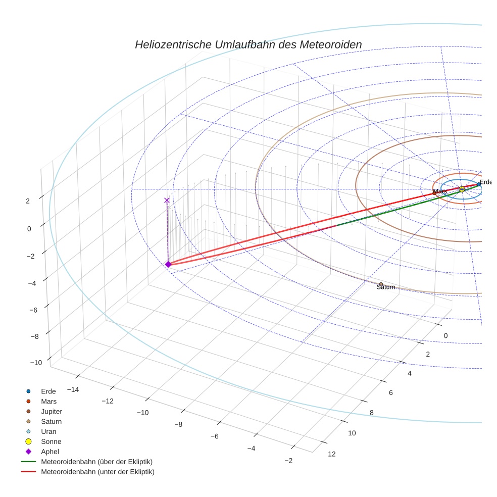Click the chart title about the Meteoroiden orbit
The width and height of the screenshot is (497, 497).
tap(248, 44)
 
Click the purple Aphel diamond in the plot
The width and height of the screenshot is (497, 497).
tap(168, 264)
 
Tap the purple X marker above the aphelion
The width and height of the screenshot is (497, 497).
tap(167, 201)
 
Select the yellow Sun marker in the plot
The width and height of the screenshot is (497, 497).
tap(462, 189)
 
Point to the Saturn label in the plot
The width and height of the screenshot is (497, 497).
tap(386, 287)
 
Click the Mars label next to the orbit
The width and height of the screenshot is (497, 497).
tap(440, 191)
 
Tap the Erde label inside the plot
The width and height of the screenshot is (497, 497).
tap(485, 182)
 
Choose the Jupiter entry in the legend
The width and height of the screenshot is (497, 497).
tap(52, 412)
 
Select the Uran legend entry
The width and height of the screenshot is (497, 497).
tap(48, 432)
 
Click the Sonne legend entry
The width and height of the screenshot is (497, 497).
tap(51, 442)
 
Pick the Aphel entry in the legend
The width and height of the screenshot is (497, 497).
tap(51, 452)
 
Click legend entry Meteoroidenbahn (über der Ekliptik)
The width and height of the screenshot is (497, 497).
tap(96, 462)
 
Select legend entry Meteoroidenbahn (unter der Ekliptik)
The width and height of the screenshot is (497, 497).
tap(97, 472)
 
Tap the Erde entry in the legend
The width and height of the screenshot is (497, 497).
tap(48, 391)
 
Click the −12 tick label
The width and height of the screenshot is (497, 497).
tap(107, 401)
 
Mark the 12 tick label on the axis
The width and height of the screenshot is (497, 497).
tap(332, 454)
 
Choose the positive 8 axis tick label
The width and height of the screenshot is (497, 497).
tap(372, 413)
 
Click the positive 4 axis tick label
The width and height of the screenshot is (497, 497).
tap(410, 373)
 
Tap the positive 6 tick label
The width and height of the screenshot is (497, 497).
tap(391, 393)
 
